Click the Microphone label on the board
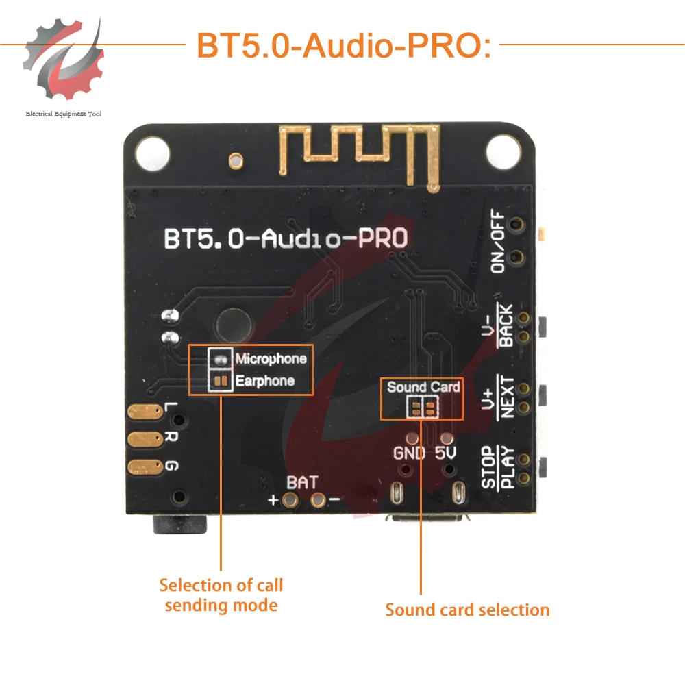point(271,358)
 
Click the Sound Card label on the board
point(423,387)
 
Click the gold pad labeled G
point(145,466)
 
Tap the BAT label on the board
point(302,483)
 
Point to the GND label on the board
point(409,453)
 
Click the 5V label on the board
point(446,453)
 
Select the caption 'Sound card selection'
point(467,610)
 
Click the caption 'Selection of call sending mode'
point(221,595)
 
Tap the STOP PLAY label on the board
point(497,467)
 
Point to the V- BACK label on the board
point(498,327)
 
